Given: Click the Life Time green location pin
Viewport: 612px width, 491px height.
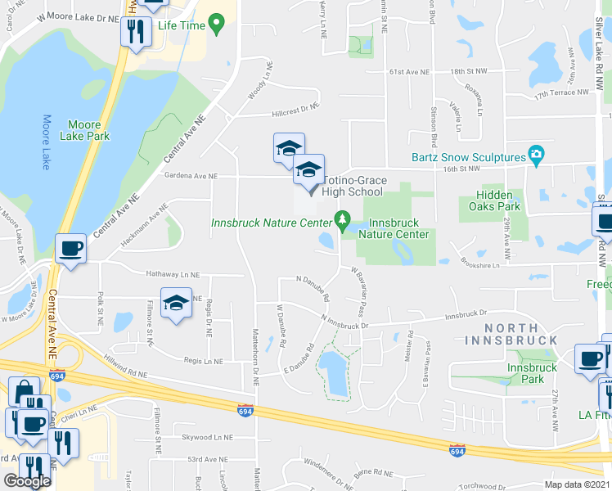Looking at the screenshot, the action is (x=217, y=25).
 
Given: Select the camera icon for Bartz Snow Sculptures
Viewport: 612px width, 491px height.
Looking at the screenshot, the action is (x=536, y=155).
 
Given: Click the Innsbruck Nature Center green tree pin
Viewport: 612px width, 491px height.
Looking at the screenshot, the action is (x=343, y=220).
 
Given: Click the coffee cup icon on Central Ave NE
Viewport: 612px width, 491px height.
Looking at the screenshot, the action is (x=70, y=248).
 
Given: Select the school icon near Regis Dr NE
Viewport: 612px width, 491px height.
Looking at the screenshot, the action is (x=176, y=303).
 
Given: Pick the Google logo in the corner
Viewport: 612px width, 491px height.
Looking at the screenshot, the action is (x=27, y=480).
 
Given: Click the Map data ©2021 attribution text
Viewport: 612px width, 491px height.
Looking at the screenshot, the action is (x=577, y=484).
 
